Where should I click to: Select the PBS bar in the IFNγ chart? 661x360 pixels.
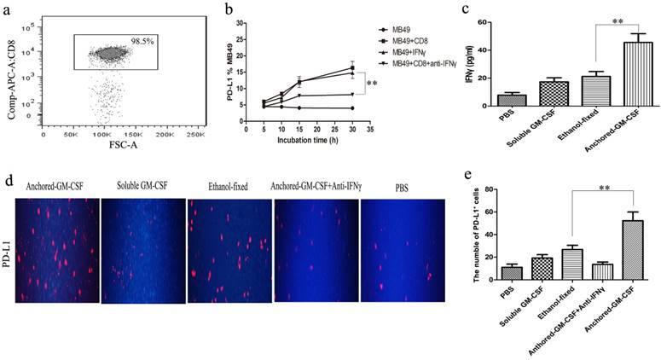pyautogui.click(x=512, y=100)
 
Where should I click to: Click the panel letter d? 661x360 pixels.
pyautogui.click(x=8, y=182)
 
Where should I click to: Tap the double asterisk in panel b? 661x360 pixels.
pyautogui.click(x=372, y=84)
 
